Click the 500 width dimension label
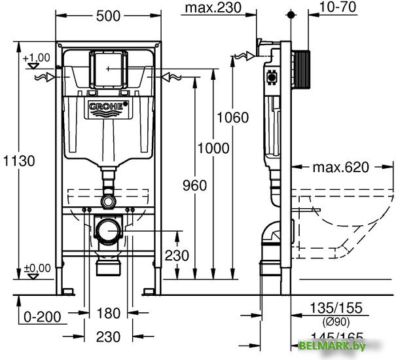(107, 15)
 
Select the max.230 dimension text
(211, 8)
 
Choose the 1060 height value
(232, 118)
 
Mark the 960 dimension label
(194, 186)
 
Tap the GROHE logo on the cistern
(107, 106)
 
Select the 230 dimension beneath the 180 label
(108, 337)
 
